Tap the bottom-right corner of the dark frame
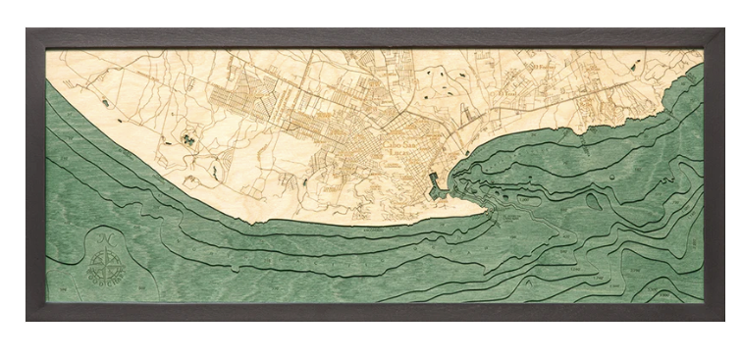[723, 319]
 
